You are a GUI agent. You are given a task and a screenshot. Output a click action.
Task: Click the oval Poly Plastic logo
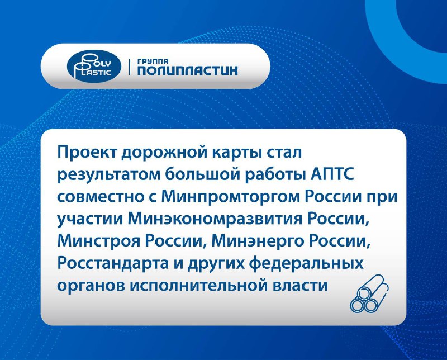94,67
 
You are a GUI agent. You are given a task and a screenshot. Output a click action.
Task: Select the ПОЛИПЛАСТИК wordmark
187,70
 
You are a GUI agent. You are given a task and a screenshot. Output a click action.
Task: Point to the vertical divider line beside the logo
130,67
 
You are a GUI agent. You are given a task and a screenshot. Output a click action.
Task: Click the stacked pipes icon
369,293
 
